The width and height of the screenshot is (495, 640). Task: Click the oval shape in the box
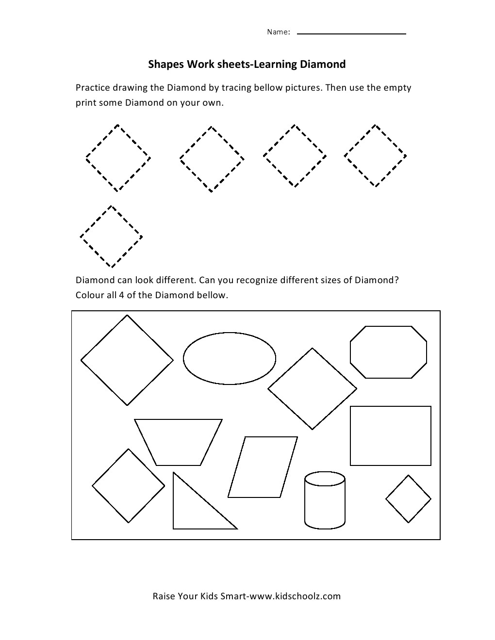click(x=229, y=358)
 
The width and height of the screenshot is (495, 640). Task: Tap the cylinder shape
click(x=325, y=499)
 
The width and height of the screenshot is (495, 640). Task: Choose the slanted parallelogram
click(x=263, y=467)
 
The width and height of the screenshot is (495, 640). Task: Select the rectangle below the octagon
click(x=390, y=435)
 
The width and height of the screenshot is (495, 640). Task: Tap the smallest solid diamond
click(x=408, y=498)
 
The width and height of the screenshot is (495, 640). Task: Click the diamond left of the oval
click(x=127, y=360)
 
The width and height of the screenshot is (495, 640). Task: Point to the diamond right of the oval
click(x=312, y=389)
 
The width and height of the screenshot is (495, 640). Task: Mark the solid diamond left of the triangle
click(x=129, y=485)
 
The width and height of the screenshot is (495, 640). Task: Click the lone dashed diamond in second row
click(x=111, y=237)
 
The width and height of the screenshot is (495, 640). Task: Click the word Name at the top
click(x=278, y=32)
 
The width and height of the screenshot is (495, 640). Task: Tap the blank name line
click(x=351, y=33)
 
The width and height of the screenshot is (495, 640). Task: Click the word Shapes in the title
click(x=163, y=64)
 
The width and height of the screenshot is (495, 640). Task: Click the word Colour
click(x=90, y=295)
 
